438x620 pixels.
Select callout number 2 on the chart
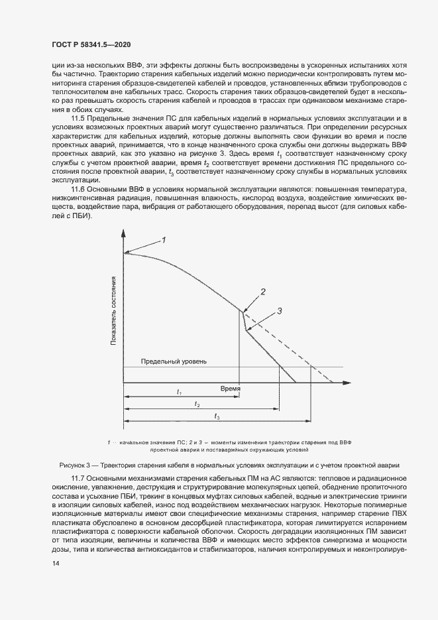pyautogui.click(x=263, y=291)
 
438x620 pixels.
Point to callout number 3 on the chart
pyautogui.click(x=279, y=310)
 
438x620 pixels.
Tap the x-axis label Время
pyautogui.click(x=230, y=389)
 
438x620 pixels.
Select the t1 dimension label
pyautogui.click(x=180, y=392)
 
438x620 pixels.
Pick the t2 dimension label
pyautogui.click(x=197, y=403)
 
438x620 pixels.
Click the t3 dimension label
pyautogui.click(x=217, y=415)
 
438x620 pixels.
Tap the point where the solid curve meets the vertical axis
pyautogui.click(x=123, y=253)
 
